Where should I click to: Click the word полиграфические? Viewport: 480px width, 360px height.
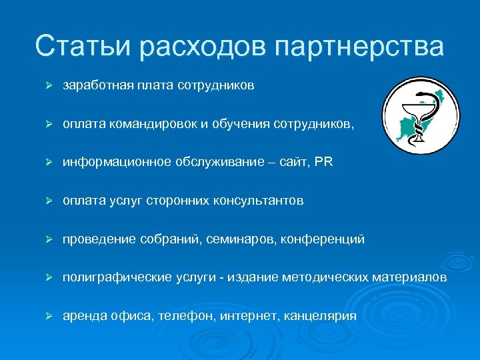[x=111, y=277]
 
